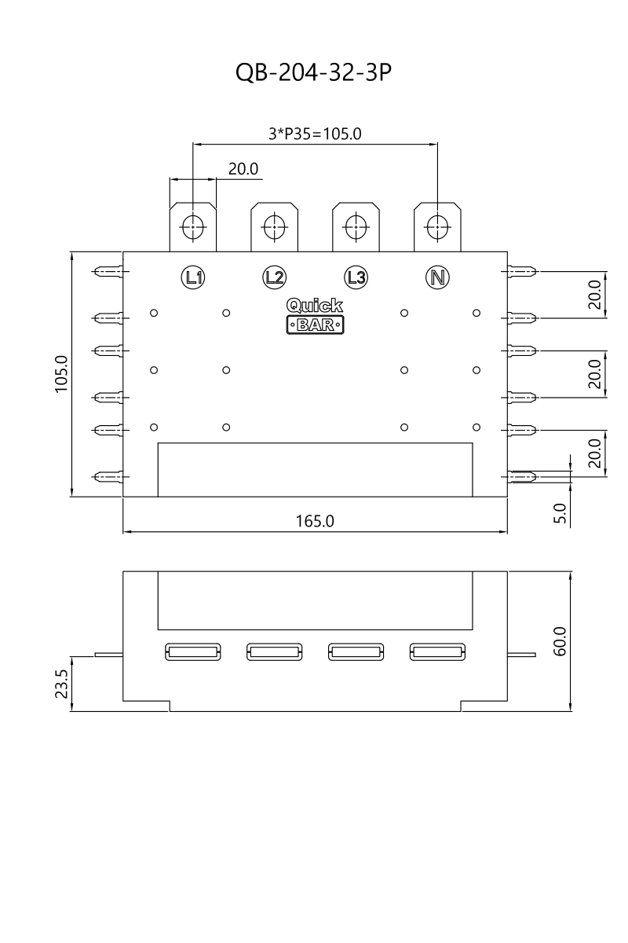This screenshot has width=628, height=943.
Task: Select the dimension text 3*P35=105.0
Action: click(x=315, y=134)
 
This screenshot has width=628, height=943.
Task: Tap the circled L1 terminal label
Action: click(x=192, y=277)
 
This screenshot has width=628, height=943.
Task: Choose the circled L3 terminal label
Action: click(x=356, y=277)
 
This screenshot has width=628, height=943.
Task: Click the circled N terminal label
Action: click(x=437, y=277)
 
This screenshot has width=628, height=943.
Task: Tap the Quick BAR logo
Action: click(x=315, y=315)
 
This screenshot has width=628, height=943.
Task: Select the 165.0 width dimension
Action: click(x=315, y=521)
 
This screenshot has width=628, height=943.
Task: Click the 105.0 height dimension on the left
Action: click(x=63, y=373)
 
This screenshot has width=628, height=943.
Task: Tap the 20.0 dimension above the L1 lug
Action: click(x=243, y=169)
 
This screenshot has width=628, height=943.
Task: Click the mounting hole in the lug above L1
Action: click(x=192, y=226)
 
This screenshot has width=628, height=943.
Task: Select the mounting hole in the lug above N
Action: click(x=437, y=226)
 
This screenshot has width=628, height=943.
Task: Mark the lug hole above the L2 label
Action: click(x=274, y=226)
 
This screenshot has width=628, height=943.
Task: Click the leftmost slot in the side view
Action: click(x=192, y=651)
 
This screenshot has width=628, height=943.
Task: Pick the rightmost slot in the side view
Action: click(x=437, y=651)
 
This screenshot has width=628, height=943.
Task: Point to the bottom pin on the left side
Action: click(x=108, y=476)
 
